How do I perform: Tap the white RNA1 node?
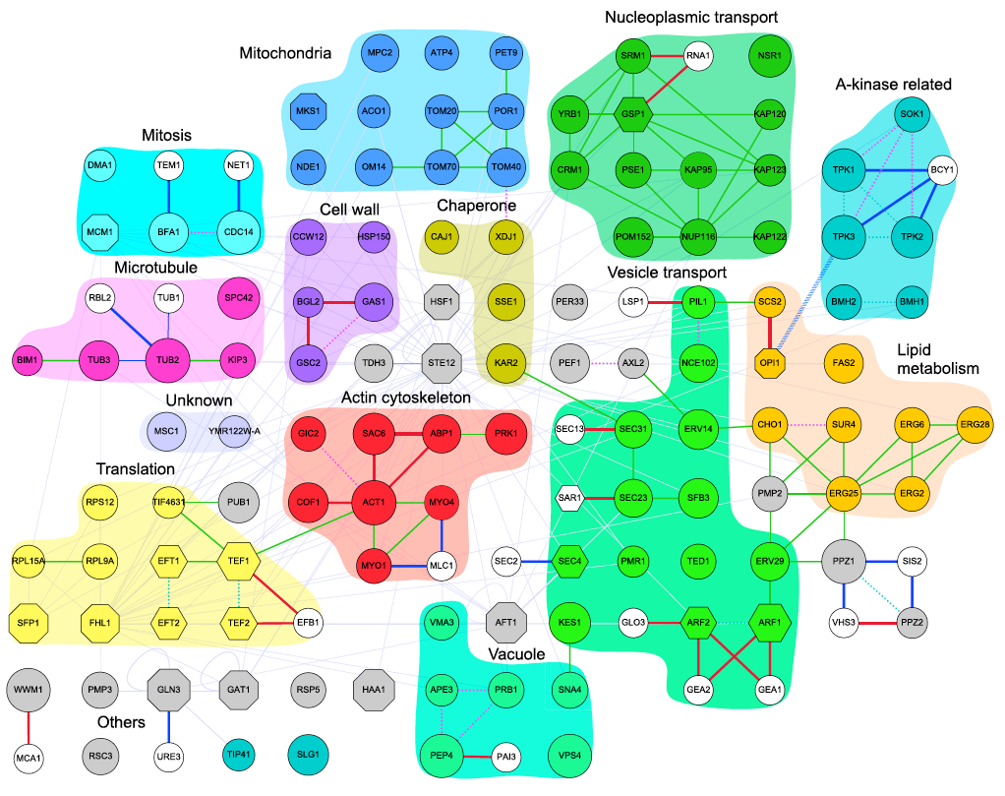697,56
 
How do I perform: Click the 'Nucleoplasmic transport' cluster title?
692,17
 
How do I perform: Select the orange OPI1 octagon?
769,362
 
